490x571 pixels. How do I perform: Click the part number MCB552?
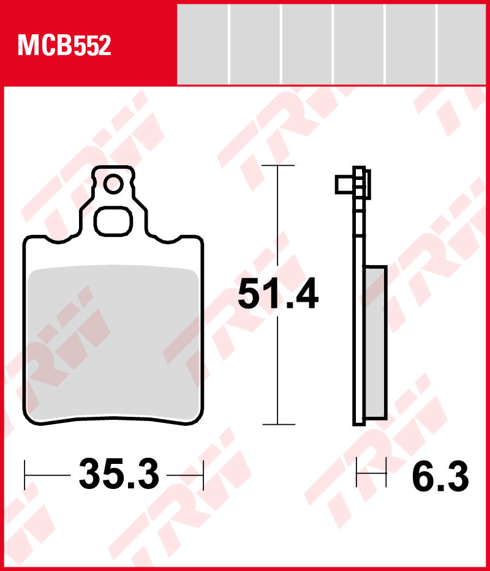click(x=64, y=45)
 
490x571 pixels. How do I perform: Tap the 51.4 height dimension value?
click(x=278, y=294)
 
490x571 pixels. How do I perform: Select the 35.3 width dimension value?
click(x=119, y=474)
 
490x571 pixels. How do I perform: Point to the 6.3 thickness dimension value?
click(x=440, y=476)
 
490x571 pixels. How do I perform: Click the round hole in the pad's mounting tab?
click(x=113, y=184)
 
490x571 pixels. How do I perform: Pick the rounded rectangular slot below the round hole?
click(x=113, y=222)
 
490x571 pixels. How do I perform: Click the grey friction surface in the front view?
click(x=113, y=341)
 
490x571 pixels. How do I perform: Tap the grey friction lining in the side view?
click(x=376, y=342)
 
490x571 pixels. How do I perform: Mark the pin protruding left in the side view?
click(x=344, y=184)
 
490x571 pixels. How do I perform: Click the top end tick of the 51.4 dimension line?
click(x=278, y=166)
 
